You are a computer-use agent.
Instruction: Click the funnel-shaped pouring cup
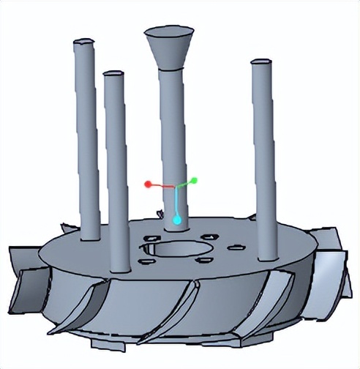169,48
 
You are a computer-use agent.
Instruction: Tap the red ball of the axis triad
148,183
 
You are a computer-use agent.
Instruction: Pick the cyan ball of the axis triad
176,219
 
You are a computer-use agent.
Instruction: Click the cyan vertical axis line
176,202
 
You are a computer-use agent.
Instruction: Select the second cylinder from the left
115,168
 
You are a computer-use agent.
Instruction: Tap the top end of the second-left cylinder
112,74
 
